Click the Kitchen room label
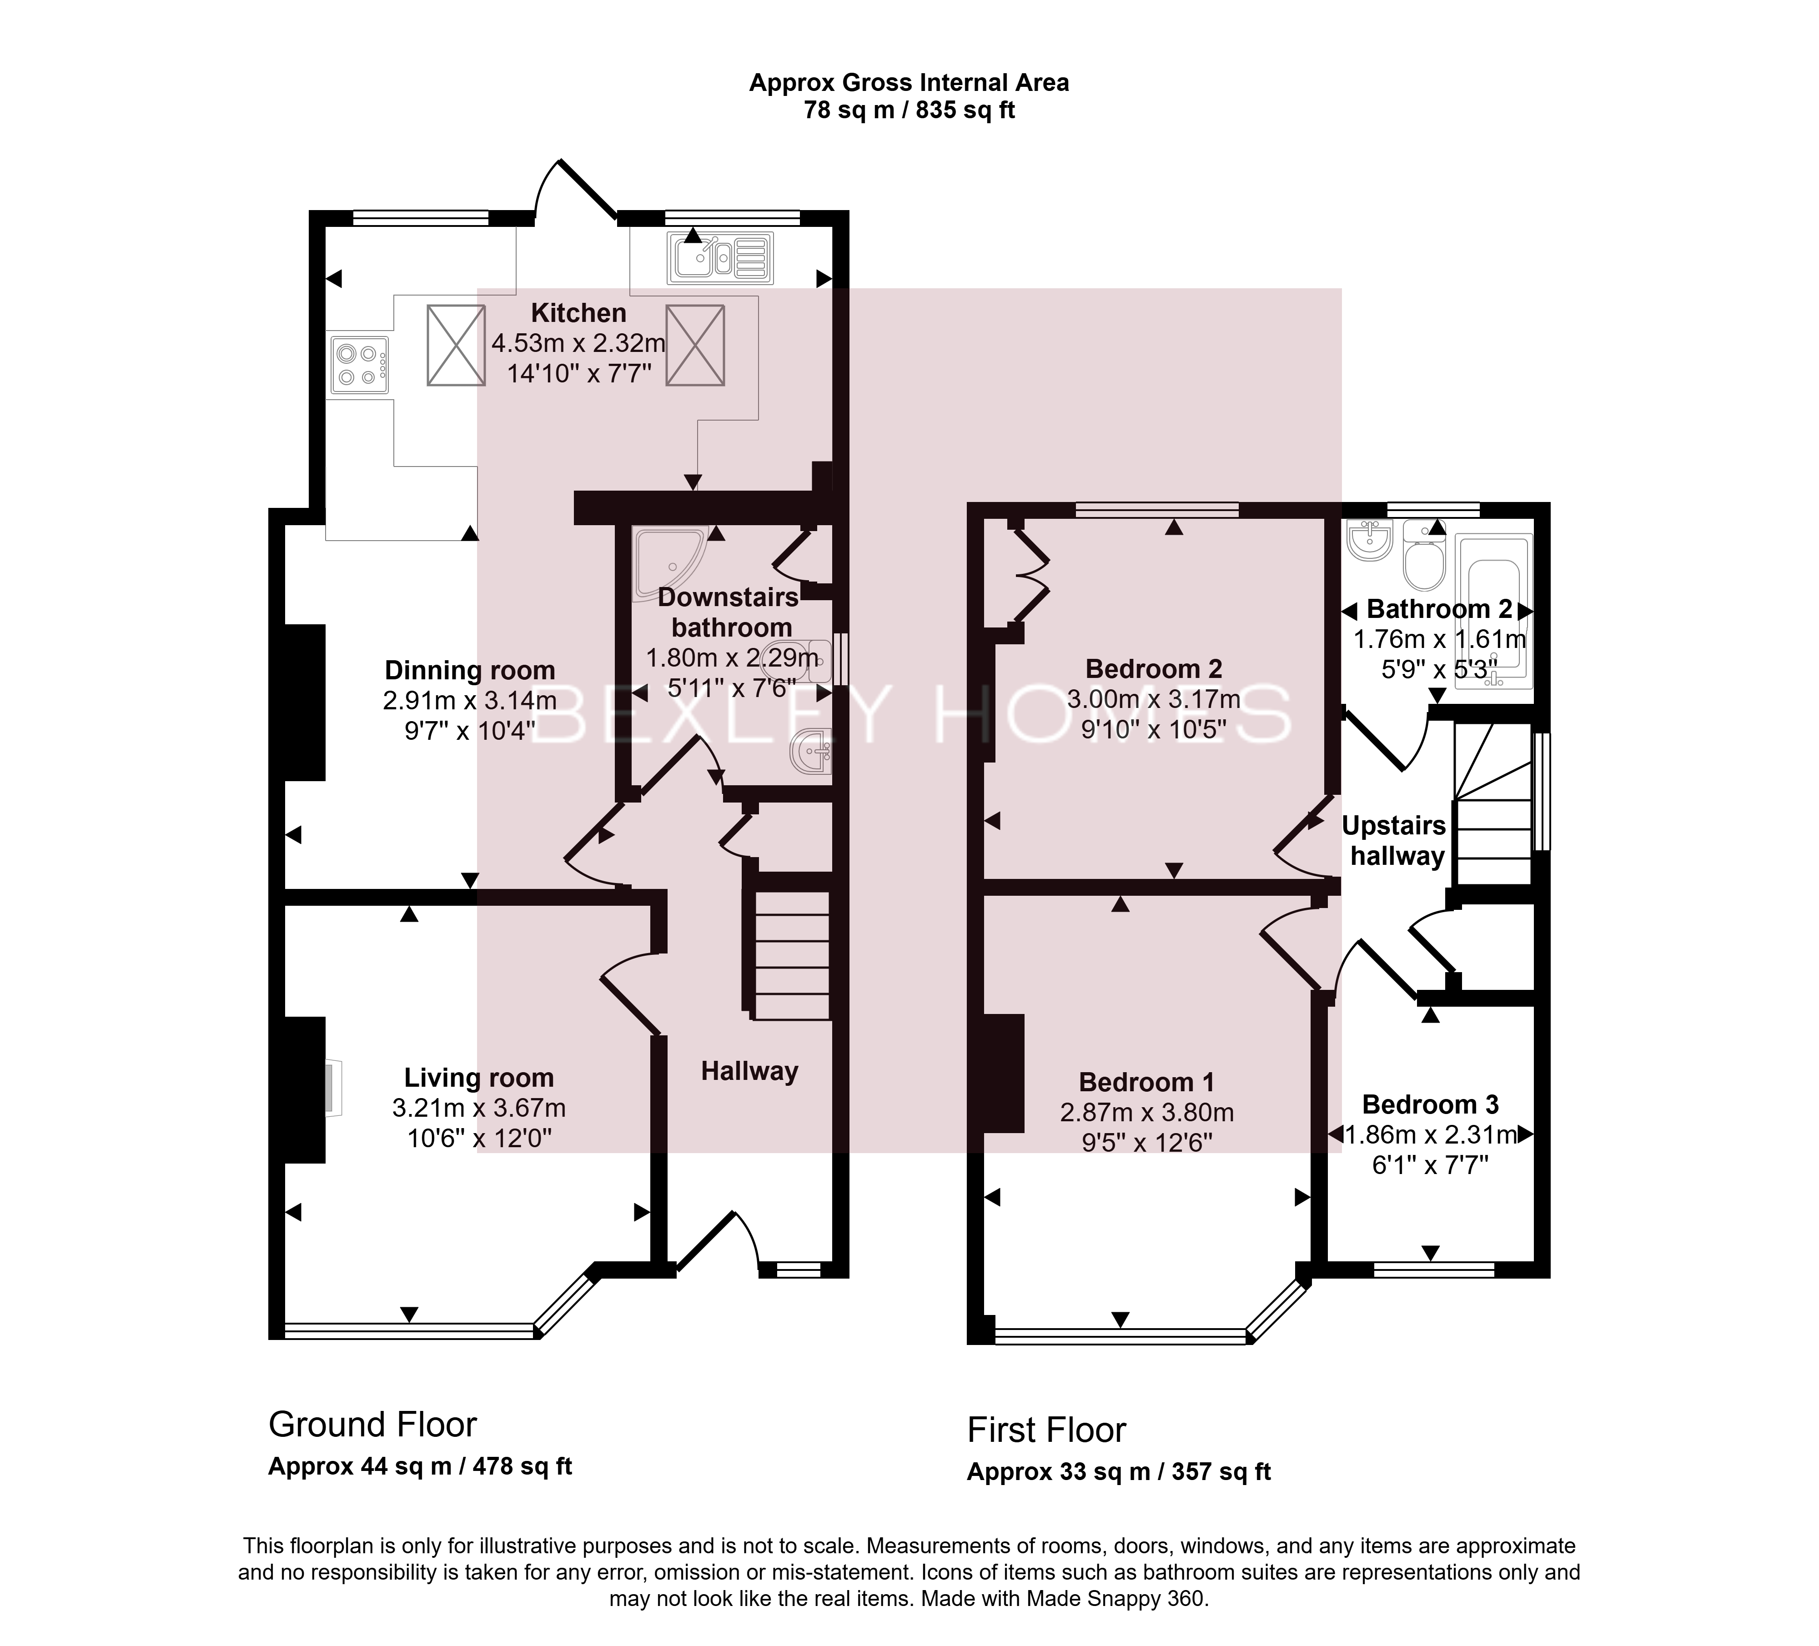point(578,313)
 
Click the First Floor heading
point(1047,1430)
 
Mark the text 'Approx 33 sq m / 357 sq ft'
point(1119,1472)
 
